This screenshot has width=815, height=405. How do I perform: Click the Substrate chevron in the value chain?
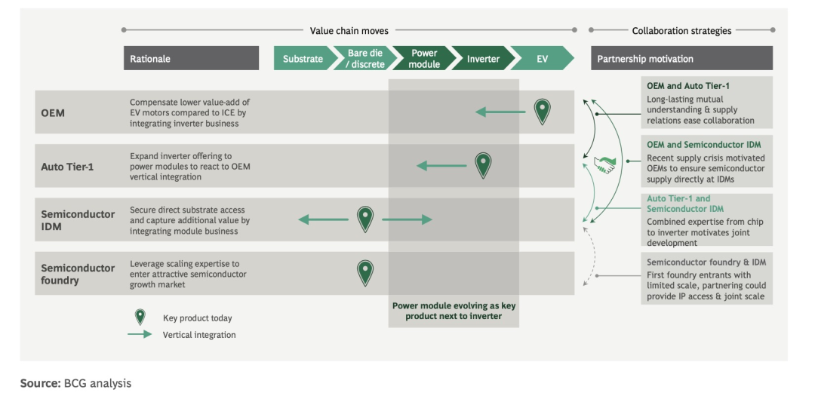[x=303, y=59]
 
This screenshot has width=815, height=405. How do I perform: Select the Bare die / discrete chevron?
[x=366, y=59]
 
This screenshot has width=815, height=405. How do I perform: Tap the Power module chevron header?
[x=424, y=59]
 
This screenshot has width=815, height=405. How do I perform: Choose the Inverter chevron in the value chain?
[x=483, y=59]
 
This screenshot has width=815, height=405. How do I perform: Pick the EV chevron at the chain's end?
[x=542, y=59]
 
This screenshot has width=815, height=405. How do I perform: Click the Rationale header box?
[x=191, y=59]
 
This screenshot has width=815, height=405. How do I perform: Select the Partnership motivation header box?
[x=681, y=59]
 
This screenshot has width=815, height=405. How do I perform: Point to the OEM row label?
[x=53, y=113]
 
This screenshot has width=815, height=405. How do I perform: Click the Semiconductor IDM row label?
[x=78, y=220]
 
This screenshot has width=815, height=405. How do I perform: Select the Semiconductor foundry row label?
[x=78, y=274]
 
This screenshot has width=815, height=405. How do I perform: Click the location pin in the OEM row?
[x=542, y=111]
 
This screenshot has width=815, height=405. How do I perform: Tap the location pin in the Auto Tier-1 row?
[x=483, y=164]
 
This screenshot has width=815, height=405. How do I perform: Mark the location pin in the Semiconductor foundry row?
[x=365, y=272]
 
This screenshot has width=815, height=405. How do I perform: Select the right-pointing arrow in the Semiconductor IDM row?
[x=407, y=219]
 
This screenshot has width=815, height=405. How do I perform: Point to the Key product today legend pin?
[x=140, y=317]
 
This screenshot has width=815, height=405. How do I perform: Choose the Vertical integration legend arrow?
[x=140, y=334]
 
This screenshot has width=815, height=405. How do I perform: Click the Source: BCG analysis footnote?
[x=75, y=384]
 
